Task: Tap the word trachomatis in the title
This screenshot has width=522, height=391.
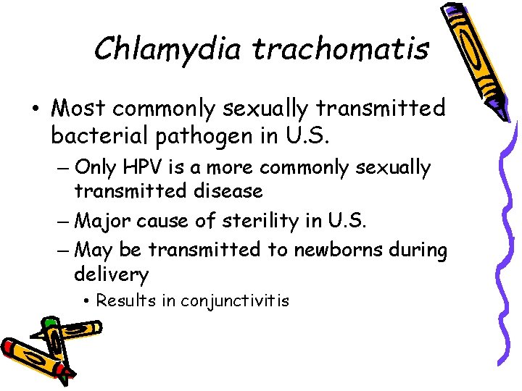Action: pyautogui.click(x=341, y=49)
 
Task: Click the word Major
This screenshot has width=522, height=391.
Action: pyautogui.click(x=100, y=219)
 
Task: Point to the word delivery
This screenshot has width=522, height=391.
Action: pyautogui.click(x=111, y=275)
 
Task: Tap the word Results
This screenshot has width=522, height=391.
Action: pyautogui.click(x=126, y=300)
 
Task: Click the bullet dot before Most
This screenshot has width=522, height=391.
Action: pyautogui.click(x=36, y=109)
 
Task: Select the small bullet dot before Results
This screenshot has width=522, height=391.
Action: pyautogui.click(x=86, y=300)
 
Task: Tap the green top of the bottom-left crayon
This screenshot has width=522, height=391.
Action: pyautogui.click(x=49, y=321)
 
